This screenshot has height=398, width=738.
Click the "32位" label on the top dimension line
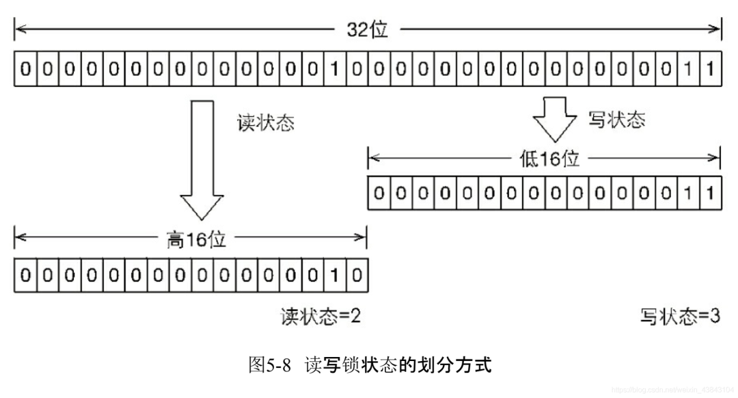click(367, 29)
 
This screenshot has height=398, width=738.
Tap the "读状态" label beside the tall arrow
click(265, 123)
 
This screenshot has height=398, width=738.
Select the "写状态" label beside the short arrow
click(616, 120)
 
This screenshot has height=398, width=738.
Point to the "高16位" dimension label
click(196, 239)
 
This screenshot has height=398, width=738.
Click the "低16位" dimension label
click(549, 159)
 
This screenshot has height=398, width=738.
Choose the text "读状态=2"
click(320, 316)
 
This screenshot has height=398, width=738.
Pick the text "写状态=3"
click(680, 316)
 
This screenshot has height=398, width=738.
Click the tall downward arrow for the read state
click(202, 160)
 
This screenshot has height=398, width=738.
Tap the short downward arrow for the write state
click(555, 120)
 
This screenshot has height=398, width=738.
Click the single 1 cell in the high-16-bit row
click(335, 275)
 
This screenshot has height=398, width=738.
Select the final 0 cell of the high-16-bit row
click(357, 275)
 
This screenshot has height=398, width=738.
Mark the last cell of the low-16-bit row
click(710, 193)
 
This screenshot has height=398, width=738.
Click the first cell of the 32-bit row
click(25, 69)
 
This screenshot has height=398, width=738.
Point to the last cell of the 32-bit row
click(710, 69)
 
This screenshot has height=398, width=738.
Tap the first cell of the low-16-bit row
click(379, 193)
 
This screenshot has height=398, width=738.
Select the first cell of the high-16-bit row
click(25, 275)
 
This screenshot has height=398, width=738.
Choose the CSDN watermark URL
click(672, 390)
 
